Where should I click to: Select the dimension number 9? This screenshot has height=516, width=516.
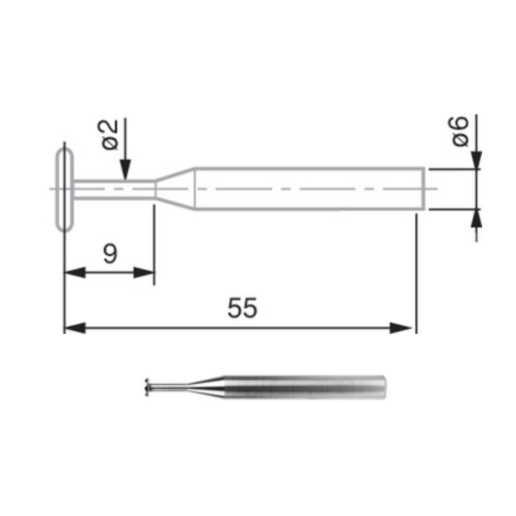(x=110, y=254)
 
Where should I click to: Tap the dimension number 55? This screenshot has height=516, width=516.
(x=242, y=309)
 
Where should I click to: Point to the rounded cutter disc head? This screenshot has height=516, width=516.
(x=64, y=189)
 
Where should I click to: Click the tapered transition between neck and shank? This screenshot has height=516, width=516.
(x=175, y=188)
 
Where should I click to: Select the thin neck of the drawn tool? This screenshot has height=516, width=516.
(x=114, y=188)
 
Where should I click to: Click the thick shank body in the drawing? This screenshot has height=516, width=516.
(x=310, y=188)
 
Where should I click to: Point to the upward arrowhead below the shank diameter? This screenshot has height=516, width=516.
(x=476, y=217)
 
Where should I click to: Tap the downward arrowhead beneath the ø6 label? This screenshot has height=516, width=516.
(x=476, y=160)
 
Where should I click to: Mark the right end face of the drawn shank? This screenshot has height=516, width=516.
(x=424, y=188)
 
